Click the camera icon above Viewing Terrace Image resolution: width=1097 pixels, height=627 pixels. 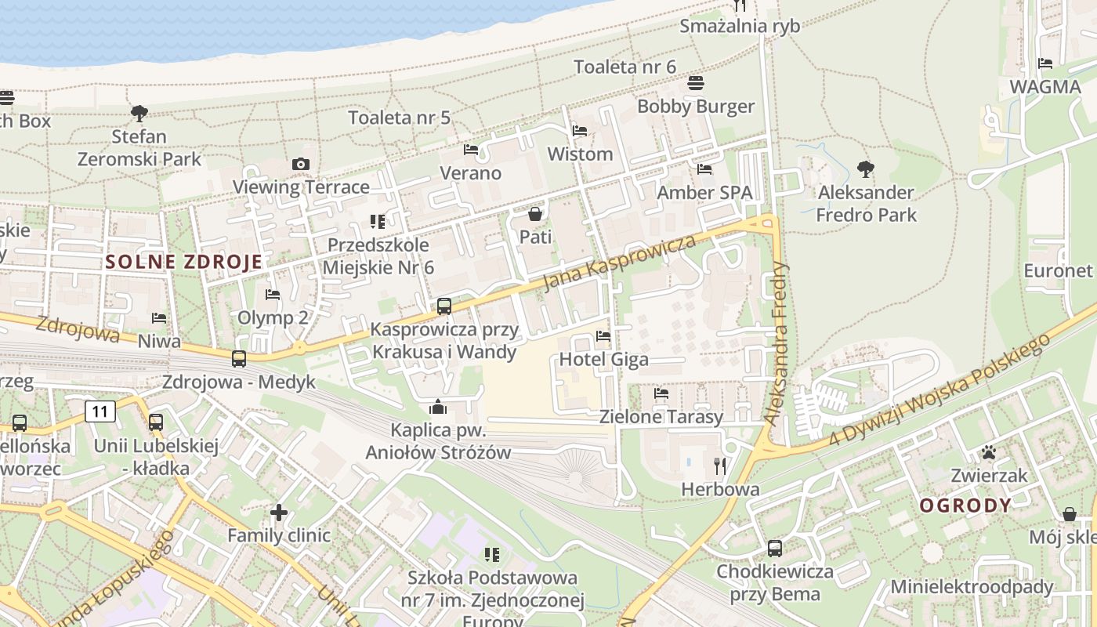click(300, 164)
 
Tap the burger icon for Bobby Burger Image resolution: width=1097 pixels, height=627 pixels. click(696, 82)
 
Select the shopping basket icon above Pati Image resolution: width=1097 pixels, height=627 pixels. click(535, 213)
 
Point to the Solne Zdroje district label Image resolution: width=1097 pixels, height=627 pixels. click(184, 262)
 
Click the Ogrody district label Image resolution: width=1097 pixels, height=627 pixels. click(965, 506)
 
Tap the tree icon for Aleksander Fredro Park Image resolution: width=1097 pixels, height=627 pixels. click(865, 169)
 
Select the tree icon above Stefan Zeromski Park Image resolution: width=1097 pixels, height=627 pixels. click(139, 113)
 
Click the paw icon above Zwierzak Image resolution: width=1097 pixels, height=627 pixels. click(988, 452)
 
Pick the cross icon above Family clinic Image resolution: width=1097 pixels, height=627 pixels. click(279, 513)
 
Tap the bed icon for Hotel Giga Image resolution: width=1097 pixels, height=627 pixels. click(603, 336)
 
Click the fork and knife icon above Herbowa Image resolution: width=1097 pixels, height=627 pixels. click(720, 466)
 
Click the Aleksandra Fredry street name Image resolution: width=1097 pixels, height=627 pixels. click(778, 343)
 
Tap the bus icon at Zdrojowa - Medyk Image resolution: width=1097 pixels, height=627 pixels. click(239, 359)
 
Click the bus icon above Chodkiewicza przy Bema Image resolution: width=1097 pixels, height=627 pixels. click(775, 548)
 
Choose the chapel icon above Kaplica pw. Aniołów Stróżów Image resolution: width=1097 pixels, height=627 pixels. click(438, 407)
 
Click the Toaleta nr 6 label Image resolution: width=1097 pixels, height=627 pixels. click(625, 67)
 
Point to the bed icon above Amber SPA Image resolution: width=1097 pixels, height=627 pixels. click(704, 169)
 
